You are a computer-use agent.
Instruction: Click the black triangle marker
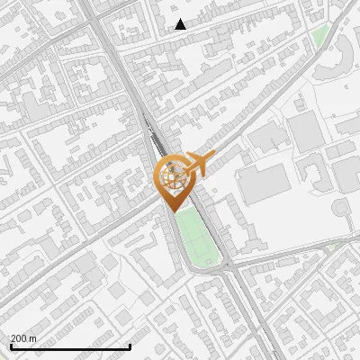pos(181,24)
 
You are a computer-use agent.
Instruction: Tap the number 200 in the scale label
pos(19,338)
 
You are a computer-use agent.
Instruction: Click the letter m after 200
pos(33,338)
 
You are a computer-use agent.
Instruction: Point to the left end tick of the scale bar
pos(10,346)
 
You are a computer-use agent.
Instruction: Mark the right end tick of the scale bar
pos(130,346)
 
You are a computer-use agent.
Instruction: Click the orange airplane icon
pos(197,164)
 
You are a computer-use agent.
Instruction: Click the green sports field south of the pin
pos(198,236)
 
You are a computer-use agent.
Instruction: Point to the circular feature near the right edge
pos(342,210)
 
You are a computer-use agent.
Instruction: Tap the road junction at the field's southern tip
pos(222,267)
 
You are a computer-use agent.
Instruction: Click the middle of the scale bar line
pos(70,346)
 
